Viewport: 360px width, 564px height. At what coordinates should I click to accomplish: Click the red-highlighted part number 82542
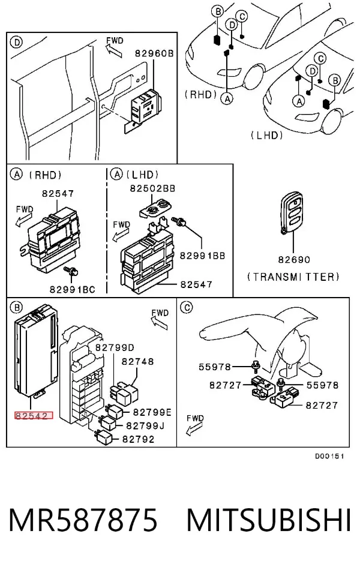34,416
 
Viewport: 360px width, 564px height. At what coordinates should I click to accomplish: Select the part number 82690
294,259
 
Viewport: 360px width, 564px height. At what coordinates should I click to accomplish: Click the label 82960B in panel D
154,53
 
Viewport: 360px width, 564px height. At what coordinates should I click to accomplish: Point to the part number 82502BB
152,188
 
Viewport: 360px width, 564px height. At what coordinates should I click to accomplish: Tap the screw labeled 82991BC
70,271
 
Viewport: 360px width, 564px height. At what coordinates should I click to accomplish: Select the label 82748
138,361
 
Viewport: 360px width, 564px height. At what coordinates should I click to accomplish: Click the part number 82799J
145,425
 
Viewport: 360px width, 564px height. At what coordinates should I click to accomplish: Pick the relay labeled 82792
104,437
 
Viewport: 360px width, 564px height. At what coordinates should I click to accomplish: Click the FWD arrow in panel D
115,52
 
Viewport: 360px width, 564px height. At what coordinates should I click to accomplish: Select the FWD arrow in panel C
194,428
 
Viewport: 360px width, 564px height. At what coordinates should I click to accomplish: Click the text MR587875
83,520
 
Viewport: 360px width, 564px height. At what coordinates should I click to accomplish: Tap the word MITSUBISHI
269,520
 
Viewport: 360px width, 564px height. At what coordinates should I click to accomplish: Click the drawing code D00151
330,457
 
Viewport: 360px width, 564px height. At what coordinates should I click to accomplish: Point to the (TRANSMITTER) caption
293,277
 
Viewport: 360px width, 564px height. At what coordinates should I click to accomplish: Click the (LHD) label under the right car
267,135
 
